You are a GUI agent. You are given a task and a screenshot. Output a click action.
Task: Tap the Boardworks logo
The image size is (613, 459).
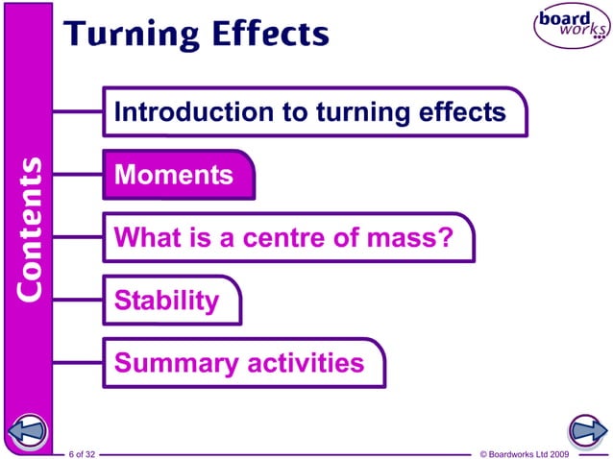click(571, 27)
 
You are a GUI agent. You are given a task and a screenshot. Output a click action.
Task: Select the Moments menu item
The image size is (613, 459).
click(174, 176)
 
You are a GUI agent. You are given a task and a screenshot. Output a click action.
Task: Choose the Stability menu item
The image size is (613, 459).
click(166, 301)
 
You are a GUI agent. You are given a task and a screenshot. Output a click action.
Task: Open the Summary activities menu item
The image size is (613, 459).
click(239, 364)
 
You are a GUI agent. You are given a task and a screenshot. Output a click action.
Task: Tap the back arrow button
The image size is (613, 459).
click(27, 430)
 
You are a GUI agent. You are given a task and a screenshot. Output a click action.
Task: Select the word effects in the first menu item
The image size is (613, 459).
click(462, 112)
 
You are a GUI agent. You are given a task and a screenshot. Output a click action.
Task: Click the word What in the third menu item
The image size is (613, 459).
click(144, 238)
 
